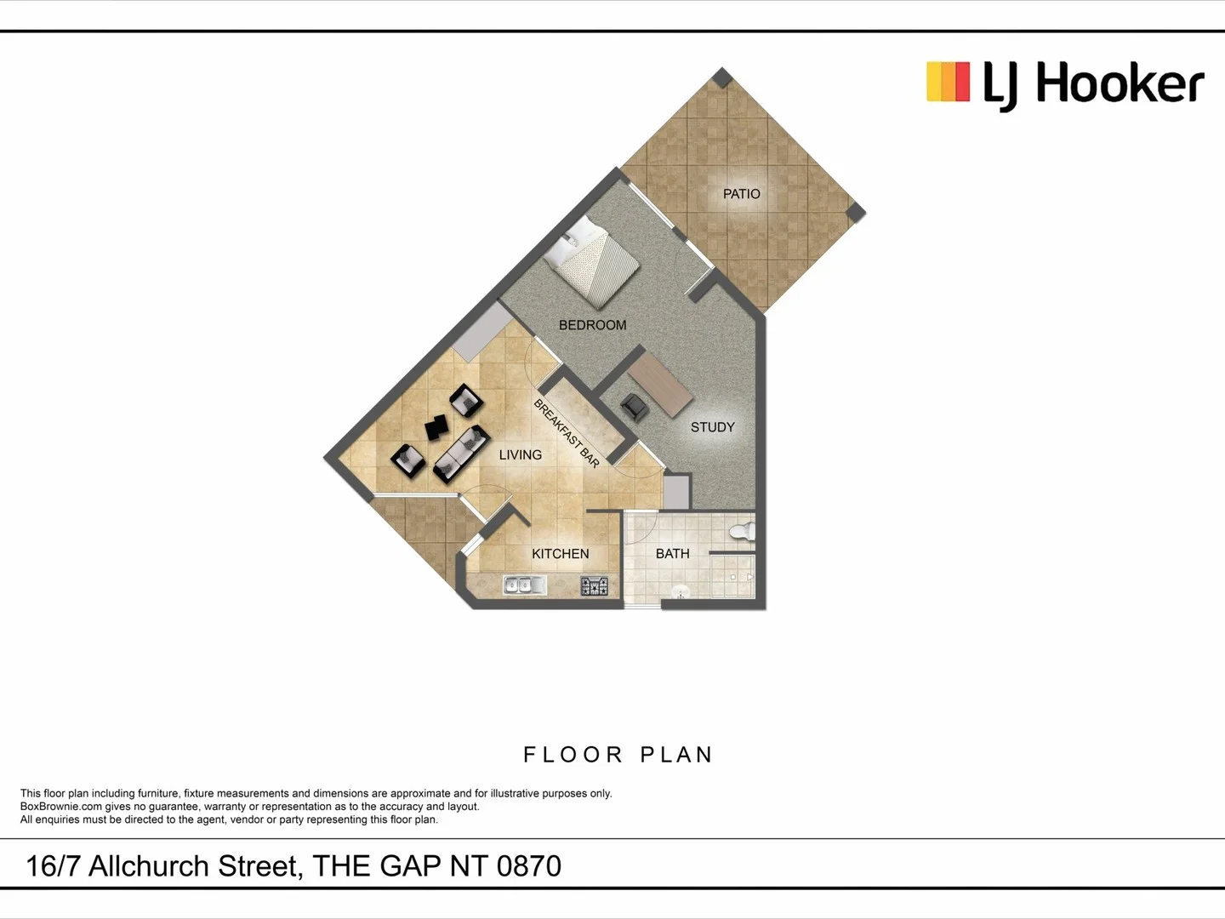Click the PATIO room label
click(x=741, y=194)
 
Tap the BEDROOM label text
click(x=592, y=325)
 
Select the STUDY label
click(x=712, y=427)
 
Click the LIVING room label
click(x=520, y=455)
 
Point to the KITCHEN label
click(x=560, y=554)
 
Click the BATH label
click(x=672, y=554)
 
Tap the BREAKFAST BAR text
click(x=567, y=433)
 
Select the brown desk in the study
click(x=660, y=382)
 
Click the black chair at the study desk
click(x=635, y=408)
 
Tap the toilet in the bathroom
click(x=743, y=532)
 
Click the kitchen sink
click(x=525, y=585)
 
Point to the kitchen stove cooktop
click(x=595, y=585)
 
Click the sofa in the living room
click(x=461, y=454)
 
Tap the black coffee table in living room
click(x=437, y=427)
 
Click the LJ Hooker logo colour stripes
click(x=948, y=83)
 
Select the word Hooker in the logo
click(x=1120, y=84)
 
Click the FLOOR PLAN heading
click(x=618, y=755)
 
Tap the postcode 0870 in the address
click(x=528, y=866)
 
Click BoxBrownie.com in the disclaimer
click(x=61, y=807)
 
